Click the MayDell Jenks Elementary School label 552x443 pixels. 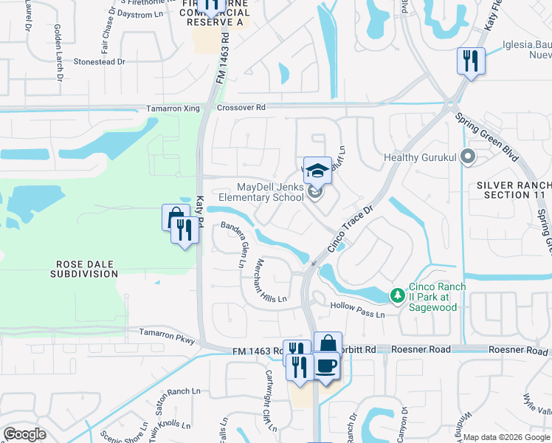[261, 192]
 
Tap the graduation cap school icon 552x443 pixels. [317, 171]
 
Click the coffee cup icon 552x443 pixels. [326, 366]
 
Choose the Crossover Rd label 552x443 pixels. [241, 108]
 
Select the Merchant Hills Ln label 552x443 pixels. [270, 279]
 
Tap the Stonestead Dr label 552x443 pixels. [99, 63]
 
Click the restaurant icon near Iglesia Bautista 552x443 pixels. [470, 60]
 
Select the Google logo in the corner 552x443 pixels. [24, 434]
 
